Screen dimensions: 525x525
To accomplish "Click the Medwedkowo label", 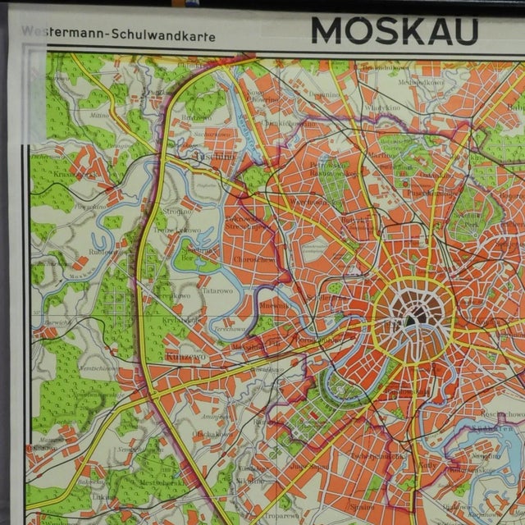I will coord(400,82).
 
